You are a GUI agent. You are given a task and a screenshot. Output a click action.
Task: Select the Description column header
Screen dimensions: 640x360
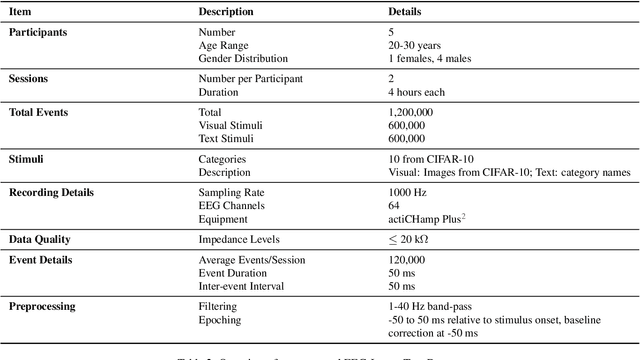pos(225,11)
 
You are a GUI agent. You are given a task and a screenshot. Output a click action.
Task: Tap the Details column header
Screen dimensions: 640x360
pos(405,11)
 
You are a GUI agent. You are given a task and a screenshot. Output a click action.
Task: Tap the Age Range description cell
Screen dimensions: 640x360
pos(224,45)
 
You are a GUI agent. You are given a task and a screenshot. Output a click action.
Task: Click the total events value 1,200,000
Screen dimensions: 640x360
pos(411,113)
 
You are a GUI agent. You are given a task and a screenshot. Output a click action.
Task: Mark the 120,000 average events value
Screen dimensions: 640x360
pos(407,261)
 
